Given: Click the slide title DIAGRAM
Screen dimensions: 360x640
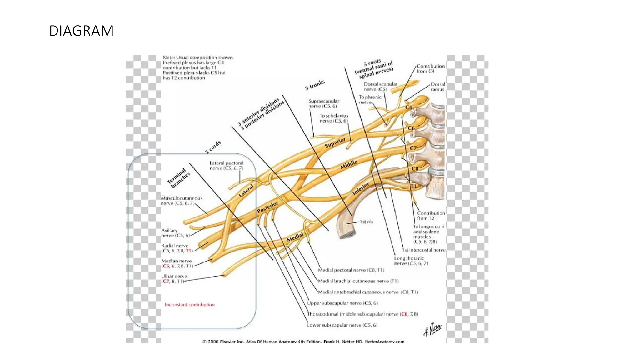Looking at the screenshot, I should tap(81, 31).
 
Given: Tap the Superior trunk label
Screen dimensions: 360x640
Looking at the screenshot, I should tap(335, 143).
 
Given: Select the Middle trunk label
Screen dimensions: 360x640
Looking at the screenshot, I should tap(348, 164).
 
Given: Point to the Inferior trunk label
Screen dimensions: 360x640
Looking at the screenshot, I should tap(361, 189).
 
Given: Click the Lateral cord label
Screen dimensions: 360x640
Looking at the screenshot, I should tap(246, 191).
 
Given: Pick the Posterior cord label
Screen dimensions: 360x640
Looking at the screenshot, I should tap(267, 207).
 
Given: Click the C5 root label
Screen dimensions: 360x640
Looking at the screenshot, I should tap(409, 107).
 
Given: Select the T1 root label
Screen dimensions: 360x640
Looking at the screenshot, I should tap(413, 186).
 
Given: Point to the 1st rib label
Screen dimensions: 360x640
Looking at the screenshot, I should tap(366, 222).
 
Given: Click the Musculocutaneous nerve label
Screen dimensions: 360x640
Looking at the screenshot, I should tap(182, 201).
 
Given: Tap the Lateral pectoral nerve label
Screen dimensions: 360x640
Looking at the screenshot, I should tap(226, 166).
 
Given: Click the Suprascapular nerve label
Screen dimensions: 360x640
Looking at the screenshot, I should tap(323, 103).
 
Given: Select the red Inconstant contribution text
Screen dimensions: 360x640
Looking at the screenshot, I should tap(190, 305).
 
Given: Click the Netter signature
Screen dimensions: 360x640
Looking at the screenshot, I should tap(432, 329).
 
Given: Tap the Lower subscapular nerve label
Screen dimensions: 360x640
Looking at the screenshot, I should tap(342, 325).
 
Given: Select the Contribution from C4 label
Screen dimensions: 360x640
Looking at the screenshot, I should tap(430, 68).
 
